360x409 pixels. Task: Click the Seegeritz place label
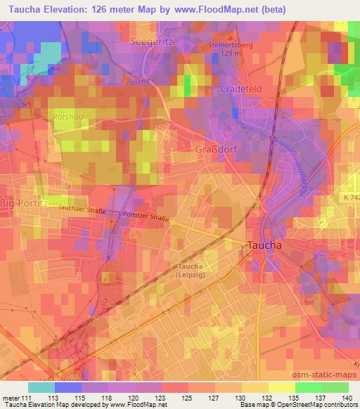click(153, 43)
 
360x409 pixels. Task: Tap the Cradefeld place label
click(241, 89)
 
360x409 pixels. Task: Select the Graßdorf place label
click(214, 149)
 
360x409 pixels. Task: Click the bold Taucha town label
click(264, 245)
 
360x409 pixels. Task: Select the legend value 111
click(28, 398)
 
